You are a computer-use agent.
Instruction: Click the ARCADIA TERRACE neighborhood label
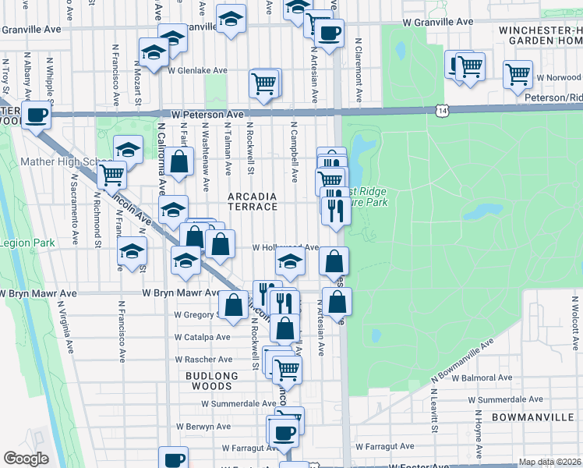[x=252, y=201]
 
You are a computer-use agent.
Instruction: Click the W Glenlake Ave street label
[x=196, y=70]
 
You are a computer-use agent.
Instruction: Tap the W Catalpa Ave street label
[x=203, y=337]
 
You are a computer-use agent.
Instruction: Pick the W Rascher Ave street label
[x=203, y=360]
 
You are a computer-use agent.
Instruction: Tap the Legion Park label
[x=27, y=243]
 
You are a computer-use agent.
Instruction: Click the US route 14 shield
[x=443, y=112]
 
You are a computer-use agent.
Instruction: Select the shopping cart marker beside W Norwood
[x=518, y=75]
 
